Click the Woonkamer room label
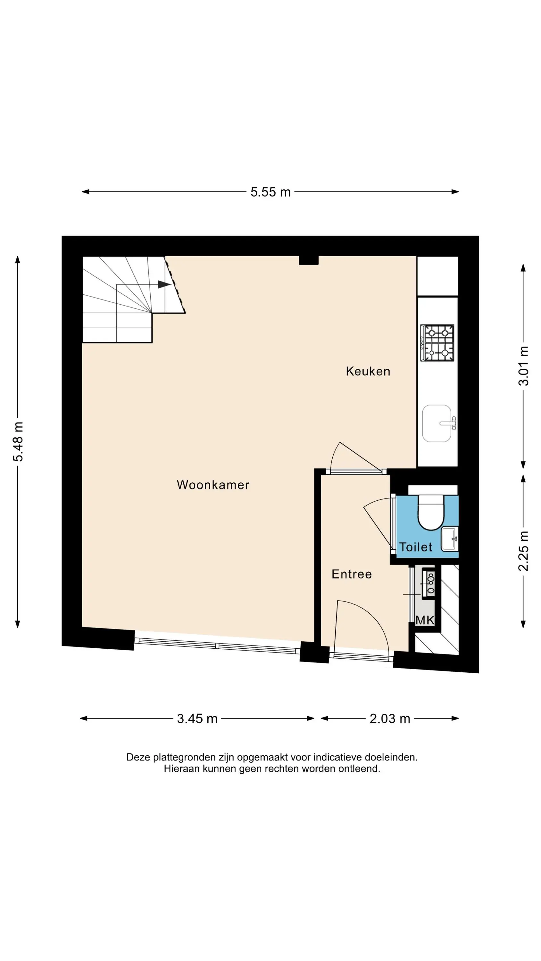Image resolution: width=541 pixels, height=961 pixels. [x=213, y=485]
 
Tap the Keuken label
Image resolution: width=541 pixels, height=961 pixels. [x=368, y=371]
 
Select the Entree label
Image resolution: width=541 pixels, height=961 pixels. [x=352, y=574]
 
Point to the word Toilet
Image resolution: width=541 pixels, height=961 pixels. [x=416, y=547]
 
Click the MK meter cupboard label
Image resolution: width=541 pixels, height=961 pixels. [x=425, y=620]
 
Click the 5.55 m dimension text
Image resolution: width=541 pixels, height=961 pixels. [x=270, y=192]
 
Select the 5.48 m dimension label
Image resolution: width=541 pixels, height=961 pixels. [x=18, y=442]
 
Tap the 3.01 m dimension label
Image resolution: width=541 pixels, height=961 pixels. [x=523, y=366]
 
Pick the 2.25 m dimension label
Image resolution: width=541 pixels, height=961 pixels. [x=523, y=551]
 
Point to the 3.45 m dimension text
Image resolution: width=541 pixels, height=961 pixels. [x=197, y=719]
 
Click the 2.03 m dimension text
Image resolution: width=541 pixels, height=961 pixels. [x=390, y=719]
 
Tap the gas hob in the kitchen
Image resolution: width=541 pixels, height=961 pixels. [x=437, y=343]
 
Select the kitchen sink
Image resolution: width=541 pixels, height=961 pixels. [x=438, y=423]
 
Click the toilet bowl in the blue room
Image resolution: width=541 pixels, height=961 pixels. [x=430, y=512]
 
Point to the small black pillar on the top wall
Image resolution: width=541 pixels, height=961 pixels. [x=309, y=260]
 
